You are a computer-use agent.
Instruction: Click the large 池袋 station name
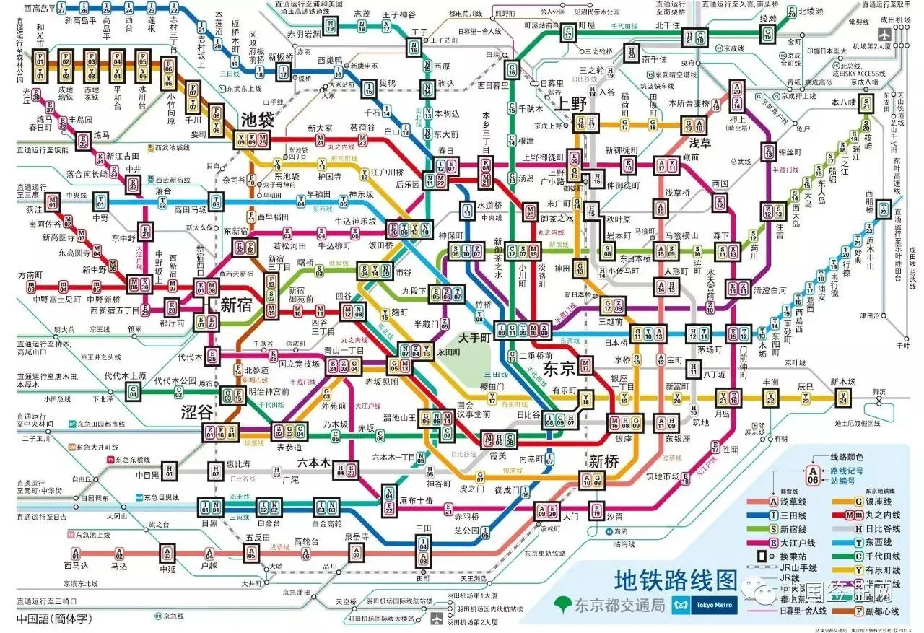coord(258,120)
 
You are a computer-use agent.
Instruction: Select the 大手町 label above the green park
coord(474,338)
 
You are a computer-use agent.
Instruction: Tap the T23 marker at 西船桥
coord(883,211)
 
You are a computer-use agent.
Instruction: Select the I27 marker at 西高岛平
coord(61,9)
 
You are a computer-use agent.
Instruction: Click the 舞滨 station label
coord(878,391)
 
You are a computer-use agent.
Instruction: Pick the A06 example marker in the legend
coord(813,474)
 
